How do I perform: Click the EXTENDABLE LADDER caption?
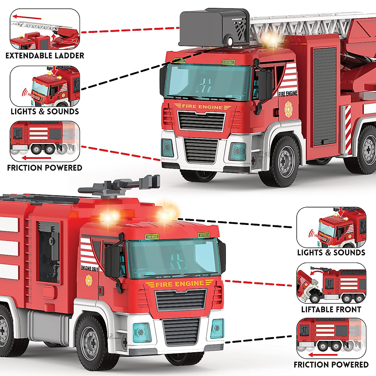coord(45,56)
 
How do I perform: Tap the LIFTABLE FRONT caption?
coord(331,310)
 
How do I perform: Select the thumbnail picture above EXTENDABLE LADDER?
coord(45,30)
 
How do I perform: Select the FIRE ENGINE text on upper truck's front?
coord(202,107)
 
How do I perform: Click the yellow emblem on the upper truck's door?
coord(288,109)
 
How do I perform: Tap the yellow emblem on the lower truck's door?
coord(89,280)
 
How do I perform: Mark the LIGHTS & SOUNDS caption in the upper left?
coord(45,112)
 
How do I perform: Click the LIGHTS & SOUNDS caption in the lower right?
coord(331,253)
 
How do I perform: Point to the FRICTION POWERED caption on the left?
coord(45,168)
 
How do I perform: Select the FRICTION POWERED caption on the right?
coord(331,365)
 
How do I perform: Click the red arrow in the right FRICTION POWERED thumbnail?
coord(323,355)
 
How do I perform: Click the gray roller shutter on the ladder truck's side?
coord(325,97)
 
